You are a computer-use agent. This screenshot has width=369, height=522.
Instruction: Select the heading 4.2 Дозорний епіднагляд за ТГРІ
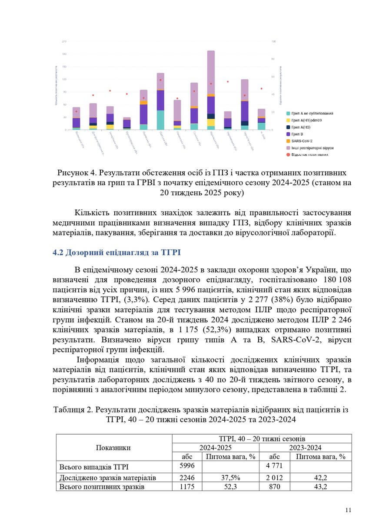coord(116,253)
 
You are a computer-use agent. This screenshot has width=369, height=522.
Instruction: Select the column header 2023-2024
coord(306,447)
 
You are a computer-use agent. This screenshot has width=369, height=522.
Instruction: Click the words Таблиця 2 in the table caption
coord(72,410)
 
